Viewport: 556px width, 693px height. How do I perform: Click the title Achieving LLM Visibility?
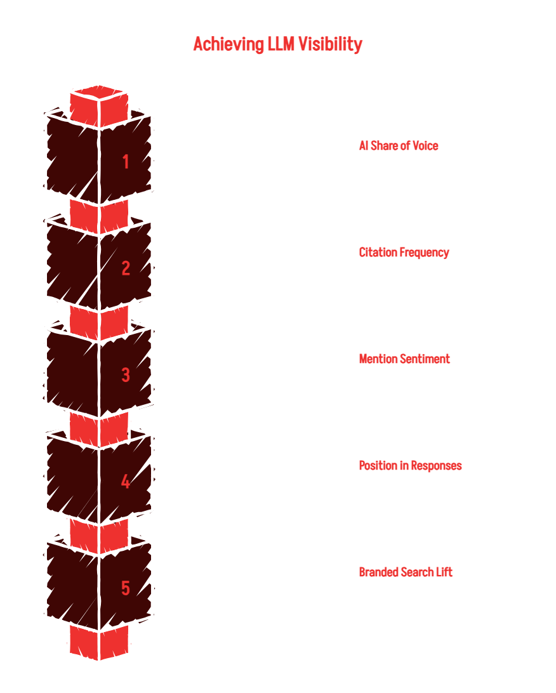tap(277, 44)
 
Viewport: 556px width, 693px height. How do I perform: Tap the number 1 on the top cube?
tap(126, 162)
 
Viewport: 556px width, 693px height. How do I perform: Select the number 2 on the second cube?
tap(126, 268)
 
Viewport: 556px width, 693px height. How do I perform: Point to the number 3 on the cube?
tap(126, 375)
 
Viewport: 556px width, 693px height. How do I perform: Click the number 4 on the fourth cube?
tap(126, 481)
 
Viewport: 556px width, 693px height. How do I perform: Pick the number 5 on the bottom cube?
tap(126, 588)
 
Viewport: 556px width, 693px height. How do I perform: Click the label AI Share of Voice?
tap(399, 146)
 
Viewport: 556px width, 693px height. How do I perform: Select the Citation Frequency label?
tap(404, 253)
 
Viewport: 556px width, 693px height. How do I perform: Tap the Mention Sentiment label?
tap(404, 359)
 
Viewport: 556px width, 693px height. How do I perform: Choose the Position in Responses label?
tap(410, 466)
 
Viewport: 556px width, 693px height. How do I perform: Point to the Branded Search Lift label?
tap(406, 572)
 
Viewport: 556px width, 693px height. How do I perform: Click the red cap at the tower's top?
tap(99, 106)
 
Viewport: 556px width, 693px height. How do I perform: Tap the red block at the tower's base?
tap(99, 642)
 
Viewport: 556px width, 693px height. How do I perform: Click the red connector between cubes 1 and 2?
tap(99, 216)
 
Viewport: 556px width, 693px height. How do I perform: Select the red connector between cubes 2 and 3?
tap(99, 323)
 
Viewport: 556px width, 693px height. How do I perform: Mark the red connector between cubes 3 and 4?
tap(99, 430)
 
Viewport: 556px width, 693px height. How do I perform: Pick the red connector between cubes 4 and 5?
tap(99, 536)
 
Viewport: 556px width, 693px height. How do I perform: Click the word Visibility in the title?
tap(330, 44)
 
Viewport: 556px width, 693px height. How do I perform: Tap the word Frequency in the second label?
tap(424, 253)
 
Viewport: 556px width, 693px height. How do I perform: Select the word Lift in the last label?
tap(444, 572)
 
